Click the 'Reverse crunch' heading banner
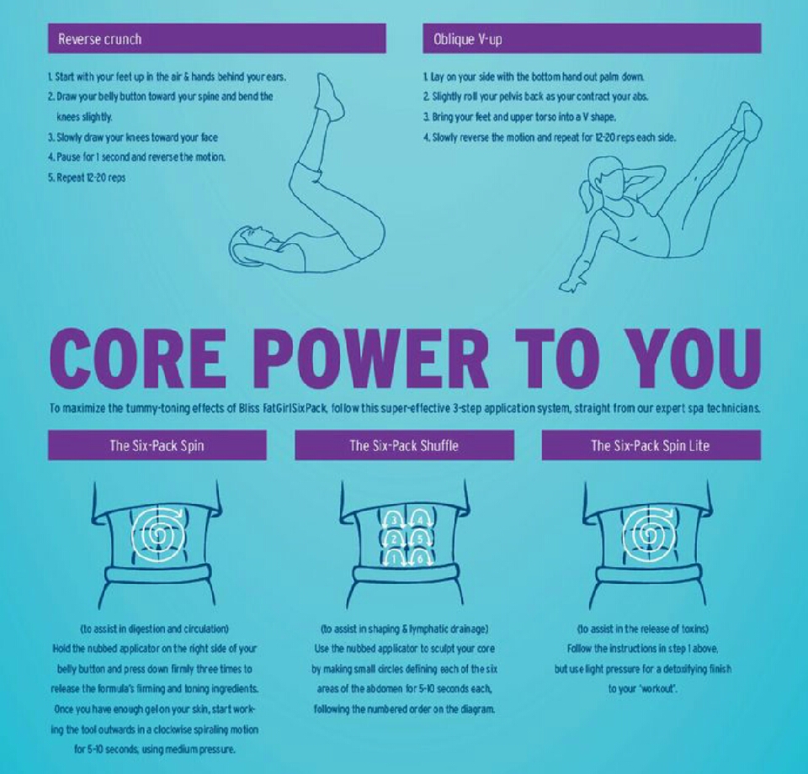click(x=216, y=39)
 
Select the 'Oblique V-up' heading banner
click(x=592, y=39)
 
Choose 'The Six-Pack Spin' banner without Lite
click(x=157, y=445)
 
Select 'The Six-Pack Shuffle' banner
click(x=404, y=445)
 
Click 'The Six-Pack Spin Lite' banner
click(x=651, y=445)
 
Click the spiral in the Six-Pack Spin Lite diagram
click(x=650, y=534)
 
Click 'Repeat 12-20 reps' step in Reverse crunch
click(x=86, y=178)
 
